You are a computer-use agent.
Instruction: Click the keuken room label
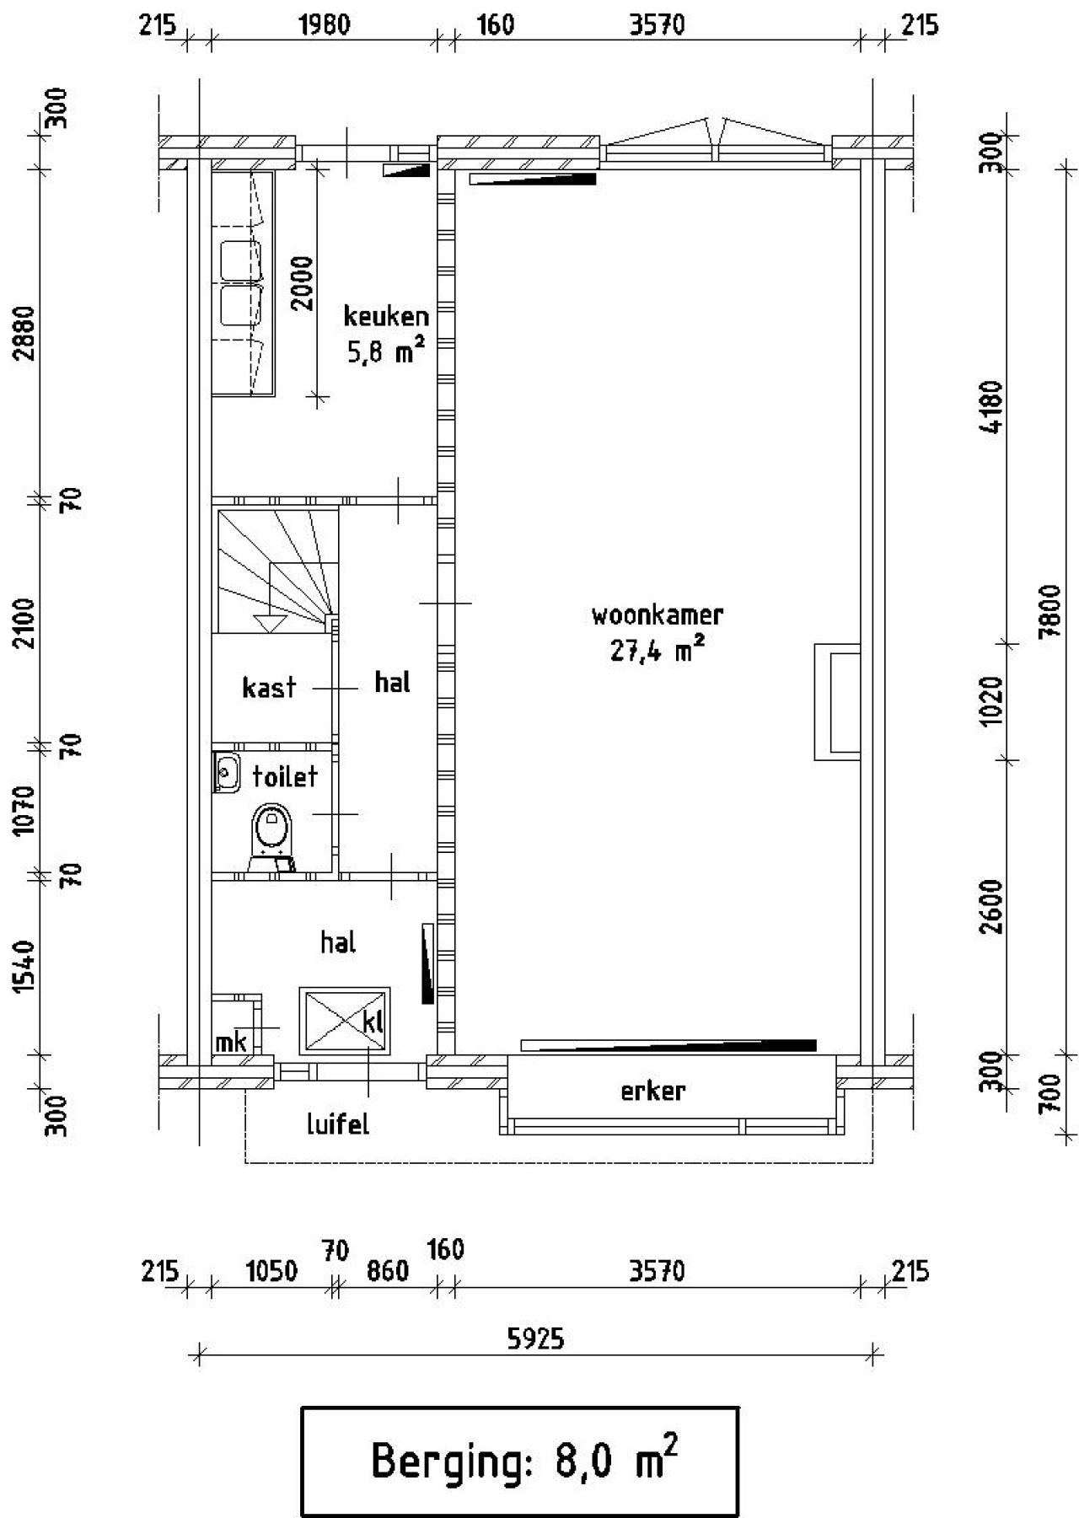click(386, 317)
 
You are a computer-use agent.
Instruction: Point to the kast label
click(269, 688)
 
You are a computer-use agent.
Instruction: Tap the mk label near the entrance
click(230, 1043)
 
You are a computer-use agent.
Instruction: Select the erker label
click(652, 1092)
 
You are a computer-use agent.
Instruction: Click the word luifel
click(337, 1124)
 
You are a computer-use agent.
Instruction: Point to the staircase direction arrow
click(270, 623)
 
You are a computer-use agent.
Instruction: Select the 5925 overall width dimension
click(535, 1338)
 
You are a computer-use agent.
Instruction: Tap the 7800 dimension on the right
click(1049, 613)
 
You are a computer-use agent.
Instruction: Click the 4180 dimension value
click(994, 407)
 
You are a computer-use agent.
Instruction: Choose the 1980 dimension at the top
click(325, 24)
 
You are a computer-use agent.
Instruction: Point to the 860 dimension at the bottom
click(387, 1271)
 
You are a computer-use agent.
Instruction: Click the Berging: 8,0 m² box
click(520, 1462)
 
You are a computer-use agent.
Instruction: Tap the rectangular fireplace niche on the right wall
click(838, 701)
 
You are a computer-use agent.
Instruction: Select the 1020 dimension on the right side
click(994, 701)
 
